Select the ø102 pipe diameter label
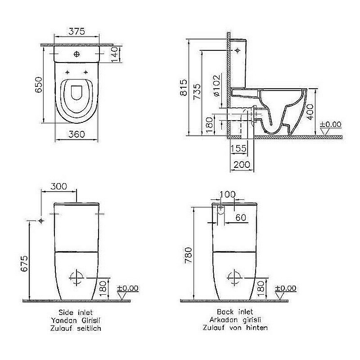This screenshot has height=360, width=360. [x=216, y=86]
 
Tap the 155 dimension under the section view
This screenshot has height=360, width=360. [x=238, y=149]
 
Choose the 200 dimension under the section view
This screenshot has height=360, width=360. [x=243, y=165]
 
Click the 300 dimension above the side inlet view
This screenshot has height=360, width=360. [x=58, y=186]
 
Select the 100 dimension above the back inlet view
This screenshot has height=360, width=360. [x=229, y=194]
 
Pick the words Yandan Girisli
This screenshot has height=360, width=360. [x=76, y=320]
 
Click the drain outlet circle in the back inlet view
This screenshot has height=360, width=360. [x=235, y=278]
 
